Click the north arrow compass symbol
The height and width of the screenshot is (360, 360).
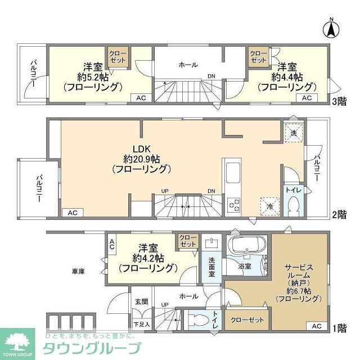coord(332,26)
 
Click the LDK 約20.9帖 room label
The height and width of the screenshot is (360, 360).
coord(141,159)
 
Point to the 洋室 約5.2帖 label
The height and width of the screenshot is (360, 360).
coord(92,77)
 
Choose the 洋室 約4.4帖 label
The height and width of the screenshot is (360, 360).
coord(287,77)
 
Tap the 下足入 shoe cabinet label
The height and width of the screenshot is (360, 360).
coord(141,324)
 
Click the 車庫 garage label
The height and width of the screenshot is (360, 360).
coord(78,272)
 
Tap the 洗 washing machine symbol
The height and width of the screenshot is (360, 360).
coord(292,133)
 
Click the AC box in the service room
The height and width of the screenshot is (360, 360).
coord(316,326)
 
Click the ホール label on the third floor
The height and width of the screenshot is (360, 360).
coord(188,65)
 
